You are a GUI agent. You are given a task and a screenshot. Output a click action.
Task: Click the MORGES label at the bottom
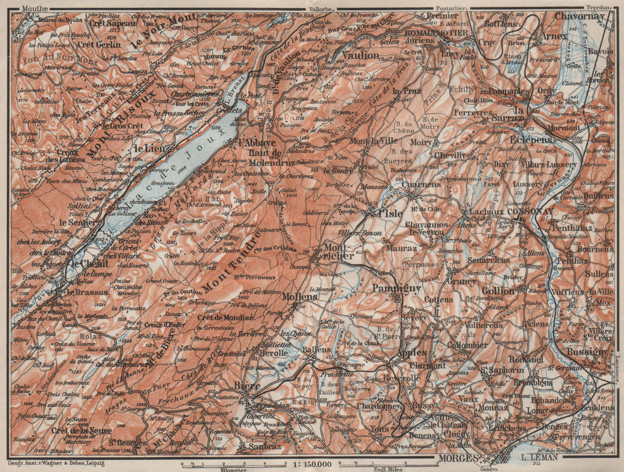pyautogui.click(x=457, y=458)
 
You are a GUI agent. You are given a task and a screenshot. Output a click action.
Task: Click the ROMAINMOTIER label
pyautogui.click(x=436, y=33)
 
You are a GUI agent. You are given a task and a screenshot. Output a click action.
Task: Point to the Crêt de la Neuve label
pyautogui.click(x=81, y=430)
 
